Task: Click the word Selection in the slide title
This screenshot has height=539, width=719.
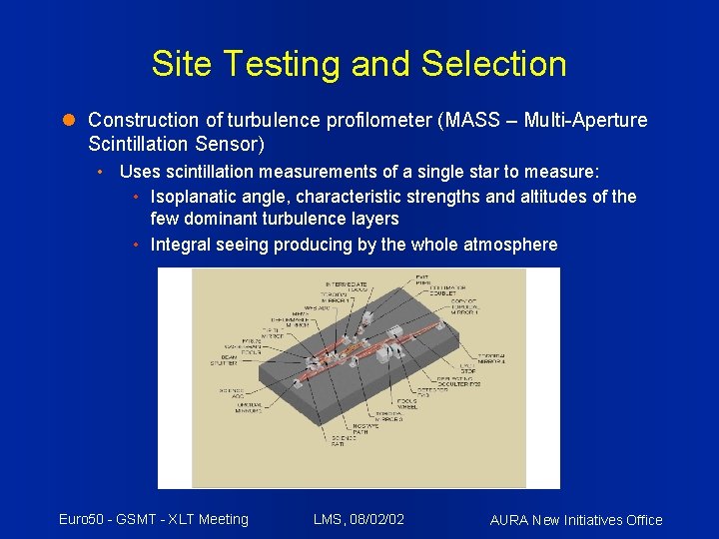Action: [x=493, y=64]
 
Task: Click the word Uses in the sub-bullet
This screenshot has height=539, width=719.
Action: [x=139, y=171]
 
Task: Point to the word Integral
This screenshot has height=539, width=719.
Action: [x=181, y=245]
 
